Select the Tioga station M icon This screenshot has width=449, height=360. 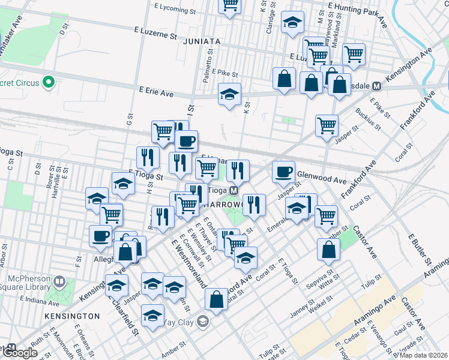pyautogui.click(x=234, y=190)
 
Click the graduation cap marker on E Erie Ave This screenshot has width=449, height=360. pyautogui.click(x=229, y=94)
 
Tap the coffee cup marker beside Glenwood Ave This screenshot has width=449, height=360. pyautogui.click(x=283, y=172)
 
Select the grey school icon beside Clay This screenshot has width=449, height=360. pyautogui.click(x=203, y=322)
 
